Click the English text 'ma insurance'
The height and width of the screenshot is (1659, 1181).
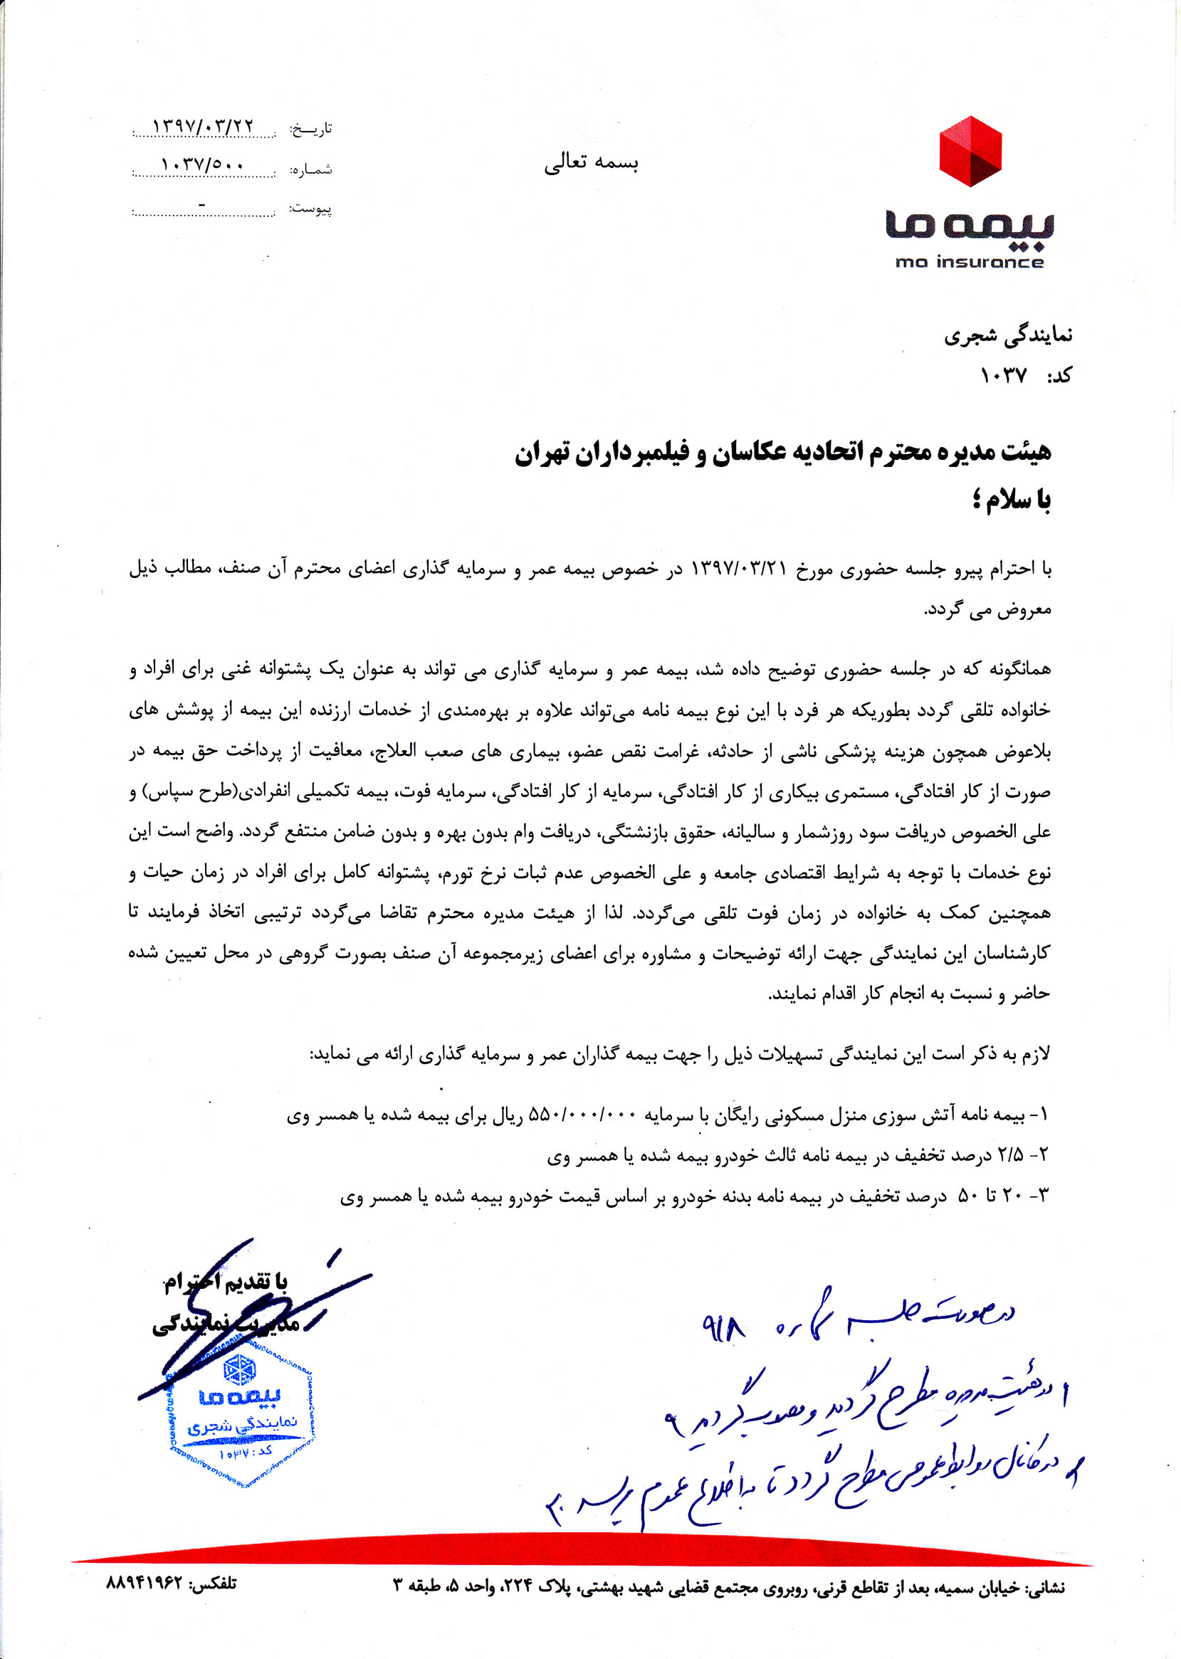pos(970,262)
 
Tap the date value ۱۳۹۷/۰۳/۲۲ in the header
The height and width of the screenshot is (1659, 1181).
pos(203,126)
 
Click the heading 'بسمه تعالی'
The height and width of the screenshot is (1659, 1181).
pos(592,162)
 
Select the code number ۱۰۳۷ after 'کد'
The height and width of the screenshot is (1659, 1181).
pos(1003,376)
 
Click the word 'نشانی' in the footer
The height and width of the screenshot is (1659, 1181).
pos(1045,1588)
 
